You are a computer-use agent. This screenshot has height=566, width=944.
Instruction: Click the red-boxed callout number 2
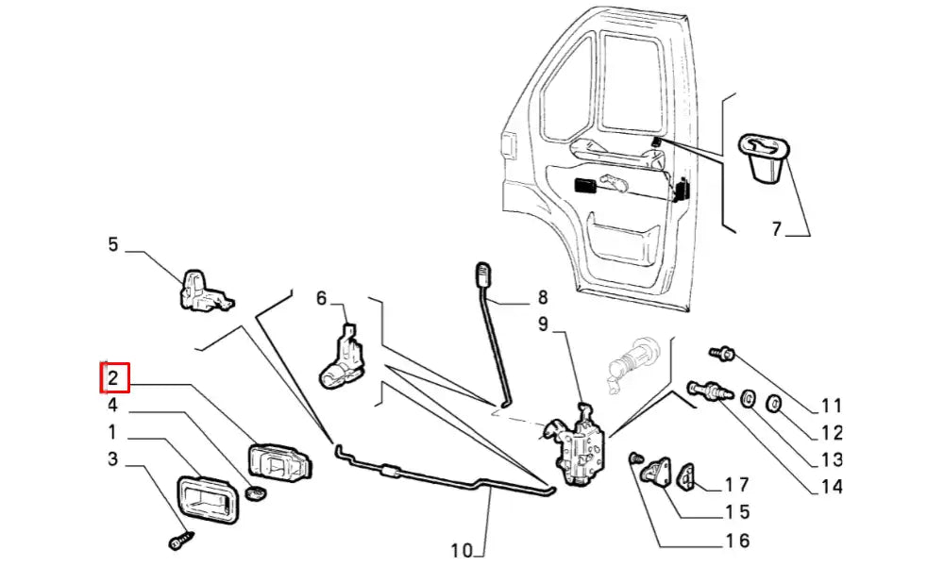pyautogui.click(x=113, y=379)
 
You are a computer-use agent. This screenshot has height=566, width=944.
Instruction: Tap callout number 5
pyautogui.click(x=113, y=245)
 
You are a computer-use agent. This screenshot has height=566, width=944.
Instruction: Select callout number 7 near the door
pyautogui.click(x=776, y=228)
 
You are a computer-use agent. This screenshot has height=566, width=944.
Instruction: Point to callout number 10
pyautogui.click(x=462, y=550)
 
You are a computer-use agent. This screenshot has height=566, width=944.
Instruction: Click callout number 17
pyautogui.click(x=736, y=485)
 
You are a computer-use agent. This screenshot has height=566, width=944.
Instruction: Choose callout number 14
pyautogui.click(x=831, y=487)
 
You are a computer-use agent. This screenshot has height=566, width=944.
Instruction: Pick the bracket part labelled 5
pyautogui.click(x=203, y=289)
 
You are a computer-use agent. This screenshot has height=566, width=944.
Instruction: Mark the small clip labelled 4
pyautogui.click(x=253, y=492)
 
